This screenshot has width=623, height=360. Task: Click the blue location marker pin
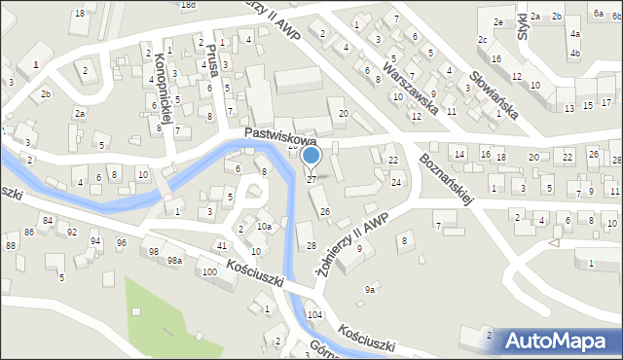pyautogui.click(x=311, y=156)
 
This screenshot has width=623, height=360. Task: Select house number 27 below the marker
pyautogui.click(x=311, y=179)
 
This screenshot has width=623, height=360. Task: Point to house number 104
pyautogui.click(x=314, y=316)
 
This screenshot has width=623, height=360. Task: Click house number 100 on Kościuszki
pyautogui.click(x=209, y=270)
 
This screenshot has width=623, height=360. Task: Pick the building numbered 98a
pyautogui.click(x=174, y=261)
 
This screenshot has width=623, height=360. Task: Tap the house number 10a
pyautogui.click(x=264, y=226)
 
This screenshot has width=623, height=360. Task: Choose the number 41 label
pyautogui.click(x=222, y=245)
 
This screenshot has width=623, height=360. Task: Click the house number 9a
pyautogui.click(x=370, y=289)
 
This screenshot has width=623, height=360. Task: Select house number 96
pyautogui.click(x=122, y=241)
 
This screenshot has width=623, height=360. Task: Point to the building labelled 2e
pyautogui.click(x=497, y=21)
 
